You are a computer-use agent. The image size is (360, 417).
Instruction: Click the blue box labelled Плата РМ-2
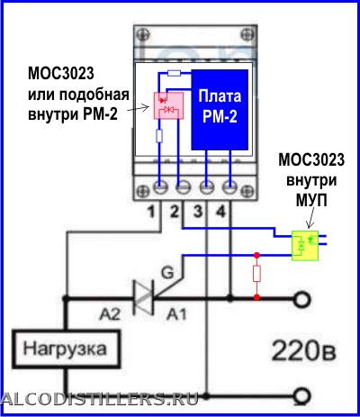pos(220,110)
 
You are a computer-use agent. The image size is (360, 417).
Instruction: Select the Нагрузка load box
pos(66,349)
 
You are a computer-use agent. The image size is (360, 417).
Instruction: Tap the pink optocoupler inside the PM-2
pos(168,105)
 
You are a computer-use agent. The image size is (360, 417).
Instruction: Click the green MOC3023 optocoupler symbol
pos(305,246)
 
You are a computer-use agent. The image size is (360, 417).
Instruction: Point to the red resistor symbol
pos(256,274)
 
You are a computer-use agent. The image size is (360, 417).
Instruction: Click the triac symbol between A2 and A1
pos(144,297)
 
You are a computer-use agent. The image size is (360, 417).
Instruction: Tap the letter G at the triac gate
pos(167,273)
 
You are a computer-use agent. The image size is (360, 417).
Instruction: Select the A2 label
pos(111,314)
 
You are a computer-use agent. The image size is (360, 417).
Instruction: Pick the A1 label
pos(176,314)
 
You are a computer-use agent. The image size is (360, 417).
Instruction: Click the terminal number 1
pos(151,212)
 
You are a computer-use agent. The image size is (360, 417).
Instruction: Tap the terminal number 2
pos(175,212)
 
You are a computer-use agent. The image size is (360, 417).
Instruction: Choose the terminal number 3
pos(198,212)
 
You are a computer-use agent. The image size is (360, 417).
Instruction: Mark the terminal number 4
pos(220,212)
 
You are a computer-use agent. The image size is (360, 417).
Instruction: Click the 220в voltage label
pos(303,350)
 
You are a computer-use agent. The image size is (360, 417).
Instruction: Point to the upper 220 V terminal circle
pos(301,299)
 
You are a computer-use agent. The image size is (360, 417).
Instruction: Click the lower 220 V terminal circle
pos(301,395)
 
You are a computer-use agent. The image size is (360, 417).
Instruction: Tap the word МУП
pos(311,201)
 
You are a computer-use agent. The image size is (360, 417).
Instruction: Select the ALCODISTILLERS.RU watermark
pos(99,399)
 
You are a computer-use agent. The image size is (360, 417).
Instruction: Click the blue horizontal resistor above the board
pos(174,73)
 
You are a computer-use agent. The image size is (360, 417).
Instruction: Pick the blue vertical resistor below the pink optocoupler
pos(159,136)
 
